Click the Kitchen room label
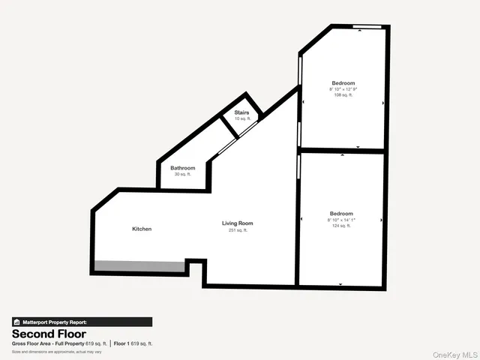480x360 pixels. pos(142,229)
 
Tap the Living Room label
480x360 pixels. pos(237,223)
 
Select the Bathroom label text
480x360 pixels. pos(182,167)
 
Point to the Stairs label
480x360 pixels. pos(241,113)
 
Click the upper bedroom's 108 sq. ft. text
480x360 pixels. pos(342,95)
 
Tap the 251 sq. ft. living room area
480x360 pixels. pos(238,230)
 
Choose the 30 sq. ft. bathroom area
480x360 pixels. pos(182,174)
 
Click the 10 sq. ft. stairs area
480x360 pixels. pos(241,119)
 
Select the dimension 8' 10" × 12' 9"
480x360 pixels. pos(342,89)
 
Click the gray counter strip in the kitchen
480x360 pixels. pos(139,266)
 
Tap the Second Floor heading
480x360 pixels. pos(49,334)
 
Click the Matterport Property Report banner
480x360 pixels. pos(82,322)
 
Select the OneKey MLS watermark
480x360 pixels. pos(454,353)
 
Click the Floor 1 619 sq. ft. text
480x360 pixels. pos(133,343)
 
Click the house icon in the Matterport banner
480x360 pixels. pos(16,322)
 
